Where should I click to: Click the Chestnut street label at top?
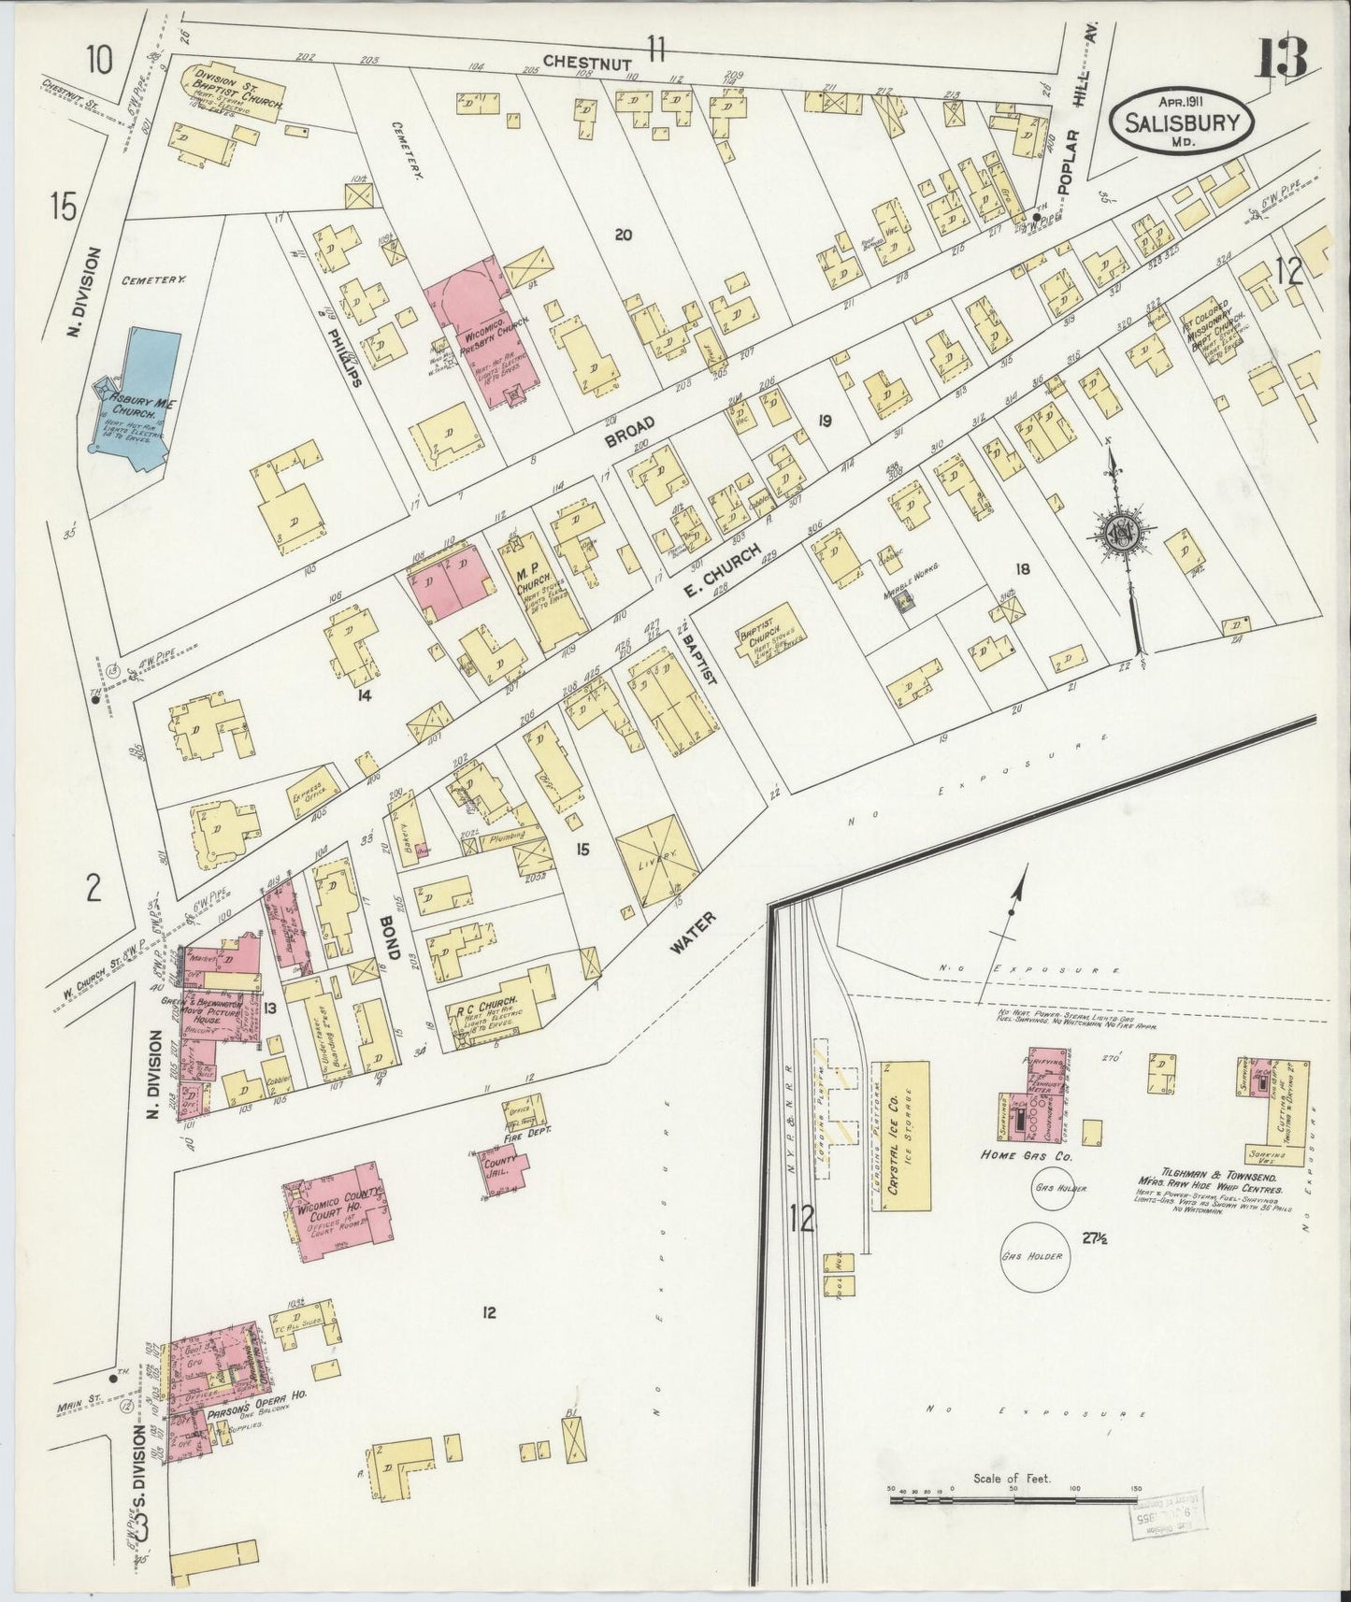(x=578, y=62)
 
